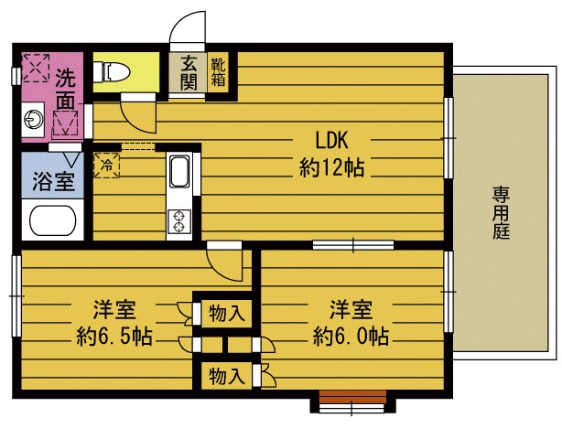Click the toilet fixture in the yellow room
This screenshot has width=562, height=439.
click(111, 72)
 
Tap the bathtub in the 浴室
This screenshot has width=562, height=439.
click(53, 219)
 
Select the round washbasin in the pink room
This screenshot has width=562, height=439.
click(33, 119)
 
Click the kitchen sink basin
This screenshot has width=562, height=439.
click(179, 171)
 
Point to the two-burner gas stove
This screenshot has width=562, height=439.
click(178, 221)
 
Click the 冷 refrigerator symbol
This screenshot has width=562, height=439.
click(106, 165)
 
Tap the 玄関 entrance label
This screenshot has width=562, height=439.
click(189, 72)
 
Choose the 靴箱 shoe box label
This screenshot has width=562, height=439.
click(218, 72)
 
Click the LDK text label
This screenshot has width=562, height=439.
click(331, 140)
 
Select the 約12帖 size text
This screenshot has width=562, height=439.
click(331, 167)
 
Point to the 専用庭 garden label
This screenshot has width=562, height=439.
click(501, 212)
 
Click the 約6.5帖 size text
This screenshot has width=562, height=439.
click(114, 337)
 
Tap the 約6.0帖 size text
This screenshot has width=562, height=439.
click(351, 337)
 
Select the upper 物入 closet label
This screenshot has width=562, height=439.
click(227, 314)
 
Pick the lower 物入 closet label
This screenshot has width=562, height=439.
click(227, 376)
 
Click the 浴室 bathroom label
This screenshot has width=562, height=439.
click(53, 181)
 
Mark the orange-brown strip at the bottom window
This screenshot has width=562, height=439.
click(352, 397)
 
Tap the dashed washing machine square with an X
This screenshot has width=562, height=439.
click(36, 68)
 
